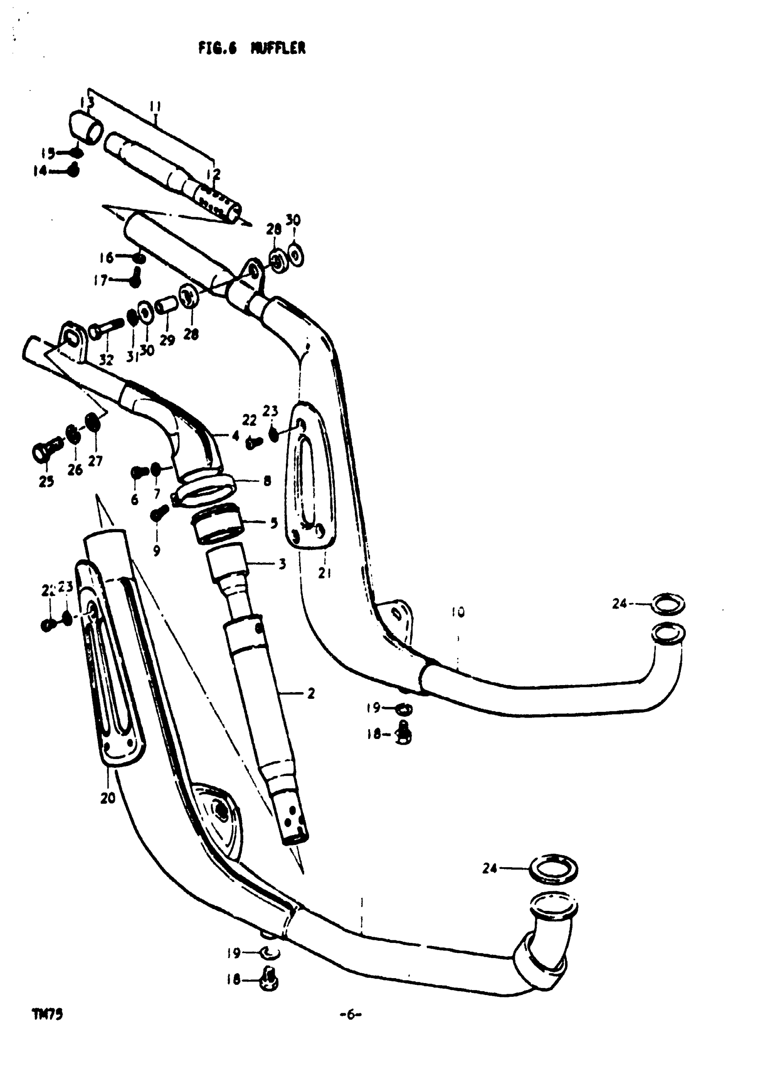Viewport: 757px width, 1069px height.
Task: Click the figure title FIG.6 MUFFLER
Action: (252, 49)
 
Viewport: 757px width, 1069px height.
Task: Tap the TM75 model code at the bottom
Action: (47, 1014)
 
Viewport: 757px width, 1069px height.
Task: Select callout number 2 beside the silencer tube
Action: (311, 694)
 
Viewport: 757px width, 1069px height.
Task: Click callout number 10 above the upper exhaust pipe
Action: (458, 612)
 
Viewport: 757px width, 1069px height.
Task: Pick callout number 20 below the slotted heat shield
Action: (108, 798)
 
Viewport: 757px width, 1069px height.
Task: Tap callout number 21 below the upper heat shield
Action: (325, 573)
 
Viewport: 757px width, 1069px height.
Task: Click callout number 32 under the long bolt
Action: (106, 360)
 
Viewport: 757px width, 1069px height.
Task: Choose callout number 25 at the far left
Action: (46, 481)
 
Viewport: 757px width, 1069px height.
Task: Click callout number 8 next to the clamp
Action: (267, 481)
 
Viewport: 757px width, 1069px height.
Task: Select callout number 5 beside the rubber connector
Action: (274, 522)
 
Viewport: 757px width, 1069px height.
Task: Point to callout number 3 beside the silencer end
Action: (282, 564)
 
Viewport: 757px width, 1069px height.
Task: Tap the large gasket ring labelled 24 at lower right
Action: (554, 869)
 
